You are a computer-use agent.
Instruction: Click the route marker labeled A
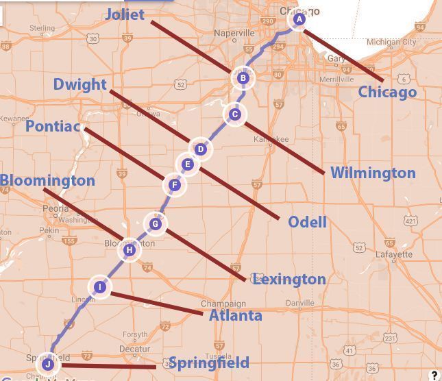click(x=299, y=20)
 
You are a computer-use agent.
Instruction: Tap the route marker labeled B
click(x=243, y=78)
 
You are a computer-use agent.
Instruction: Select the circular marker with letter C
click(x=235, y=114)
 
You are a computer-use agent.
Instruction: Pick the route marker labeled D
click(x=200, y=149)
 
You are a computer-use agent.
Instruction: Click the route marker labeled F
click(x=175, y=184)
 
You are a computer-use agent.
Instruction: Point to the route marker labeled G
click(x=156, y=223)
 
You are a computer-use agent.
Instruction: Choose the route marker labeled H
click(x=129, y=250)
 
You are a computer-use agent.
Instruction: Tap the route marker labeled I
click(x=100, y=287)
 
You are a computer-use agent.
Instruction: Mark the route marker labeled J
click(x=47, y=363)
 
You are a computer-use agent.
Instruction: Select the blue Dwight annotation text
click(x=80, y=84)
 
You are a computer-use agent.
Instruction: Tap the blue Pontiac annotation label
click(x=53, y=127)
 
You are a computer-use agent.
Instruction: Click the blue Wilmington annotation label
click(x=373, y=173)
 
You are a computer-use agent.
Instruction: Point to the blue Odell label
click(x=307, y=222)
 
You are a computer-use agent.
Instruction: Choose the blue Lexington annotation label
click(x=289, y=279)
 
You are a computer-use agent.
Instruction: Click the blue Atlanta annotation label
click(x=235, y=315)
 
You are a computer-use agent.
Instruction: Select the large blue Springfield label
click(x=208, y=362)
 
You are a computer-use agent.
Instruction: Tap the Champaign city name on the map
click(x=223, y=304)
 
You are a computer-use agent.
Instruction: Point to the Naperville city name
click(x=234, y=33)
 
